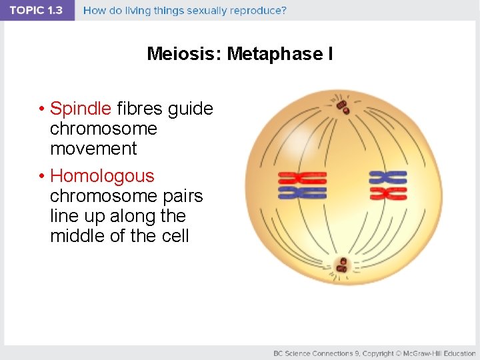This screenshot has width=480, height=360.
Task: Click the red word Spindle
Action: click(x=81, y=108)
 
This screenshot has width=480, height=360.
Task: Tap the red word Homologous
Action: click(x=102, y=176)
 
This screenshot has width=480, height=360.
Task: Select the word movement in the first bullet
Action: click(x=93, y=149)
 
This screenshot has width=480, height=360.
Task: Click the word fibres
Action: click(x=140, y=108)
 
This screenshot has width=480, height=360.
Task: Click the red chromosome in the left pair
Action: click(x=302, y=178)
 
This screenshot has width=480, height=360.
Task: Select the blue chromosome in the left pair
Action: click(x=302, y=193)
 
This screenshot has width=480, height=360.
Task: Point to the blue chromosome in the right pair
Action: click(x=388, y=177)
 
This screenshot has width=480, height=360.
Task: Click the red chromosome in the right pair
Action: click(x=388, y=193)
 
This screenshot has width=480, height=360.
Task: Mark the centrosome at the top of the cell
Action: click(x=343, y=105)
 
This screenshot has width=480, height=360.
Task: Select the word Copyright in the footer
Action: click(x=377, y=353)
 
